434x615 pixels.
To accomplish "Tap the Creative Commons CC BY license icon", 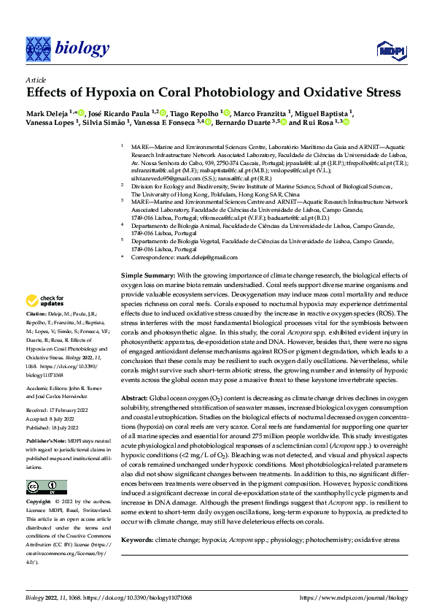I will coord(46,487).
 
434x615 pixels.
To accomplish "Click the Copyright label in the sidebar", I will coord(38,503).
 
